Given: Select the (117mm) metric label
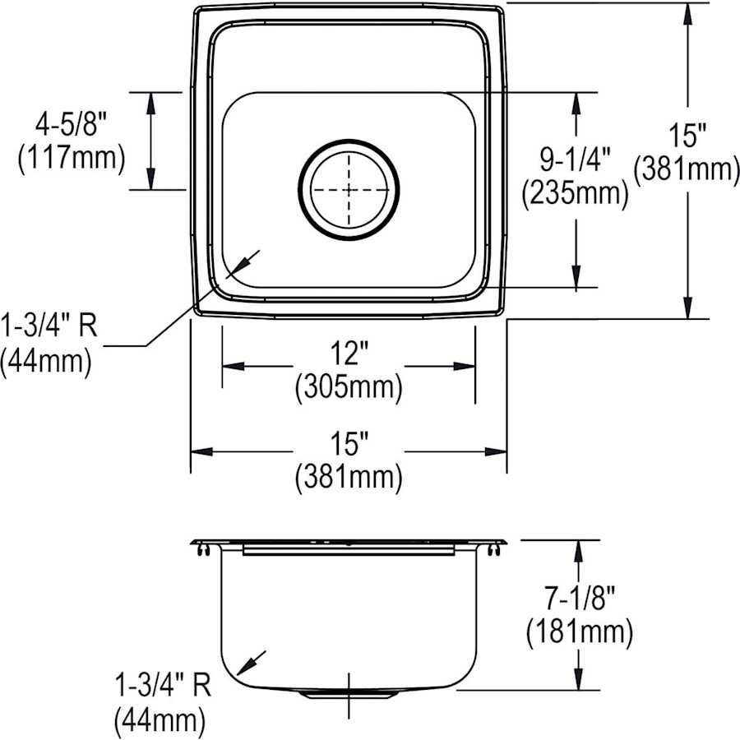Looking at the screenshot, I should [x=71, y=157].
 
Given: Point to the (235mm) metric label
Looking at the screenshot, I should [x=575, y=193].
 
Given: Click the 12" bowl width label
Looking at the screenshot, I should [x=349, y=354].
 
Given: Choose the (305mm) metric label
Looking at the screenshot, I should [x=349, y=386].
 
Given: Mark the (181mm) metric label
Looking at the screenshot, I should [x=579, y=631].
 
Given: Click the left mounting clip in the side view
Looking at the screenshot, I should [x=201, y=552].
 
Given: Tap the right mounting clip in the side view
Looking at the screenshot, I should [x=497, y=552].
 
